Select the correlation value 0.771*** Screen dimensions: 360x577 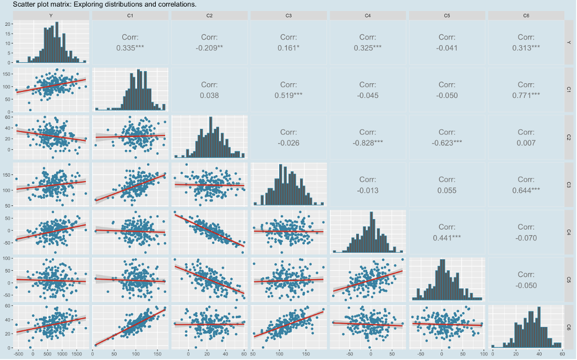(x=526, y=95)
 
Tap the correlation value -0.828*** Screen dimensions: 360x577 (x=368, y=143)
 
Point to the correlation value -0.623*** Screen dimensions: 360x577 (x=447, y=143)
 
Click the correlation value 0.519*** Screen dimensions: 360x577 (x=288, y=95)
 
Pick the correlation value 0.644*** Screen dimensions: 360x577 (x=526, y=190)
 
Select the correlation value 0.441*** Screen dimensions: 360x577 (x=447, y=237)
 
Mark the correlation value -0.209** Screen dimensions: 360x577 (x=209, y=48)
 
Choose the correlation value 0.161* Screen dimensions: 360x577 (x=288, y=48)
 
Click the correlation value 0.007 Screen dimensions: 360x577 (x=526, y=143)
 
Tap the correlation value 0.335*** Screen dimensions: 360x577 (x=130, y=48)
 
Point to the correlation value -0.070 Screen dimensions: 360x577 (x=526, y=237)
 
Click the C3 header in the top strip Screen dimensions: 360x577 (x=288, y=16)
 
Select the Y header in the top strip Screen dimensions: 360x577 (x=51, y=16)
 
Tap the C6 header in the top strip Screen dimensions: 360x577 (x=526, y=16)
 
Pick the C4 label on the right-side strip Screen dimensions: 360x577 (x=569, y=232)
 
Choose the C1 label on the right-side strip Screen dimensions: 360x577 (x=569, y=90)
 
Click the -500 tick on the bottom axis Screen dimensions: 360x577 (x=18, y=354)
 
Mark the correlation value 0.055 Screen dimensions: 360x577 (x=447, y=190)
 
